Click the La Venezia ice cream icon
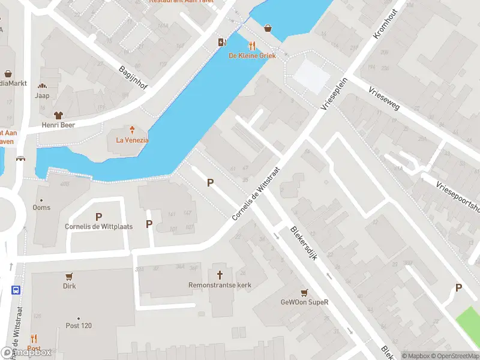tap(133, 129)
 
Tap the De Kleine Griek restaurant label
tap(252, 56)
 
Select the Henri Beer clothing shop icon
tap(58, 115)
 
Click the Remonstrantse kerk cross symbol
tap(220, 274)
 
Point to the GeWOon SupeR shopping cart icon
tap(305, 292)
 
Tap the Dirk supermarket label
tap(70, 286)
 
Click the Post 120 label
tap(79, 326)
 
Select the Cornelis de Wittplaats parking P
tap(98, 217)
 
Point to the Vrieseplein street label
tap(334, 93)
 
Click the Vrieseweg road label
tap(385, 98)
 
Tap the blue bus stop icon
tap(15, 289)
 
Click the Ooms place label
tap(42, 208)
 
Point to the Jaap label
tap(42, 95)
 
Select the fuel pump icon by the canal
tap(221, 42)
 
